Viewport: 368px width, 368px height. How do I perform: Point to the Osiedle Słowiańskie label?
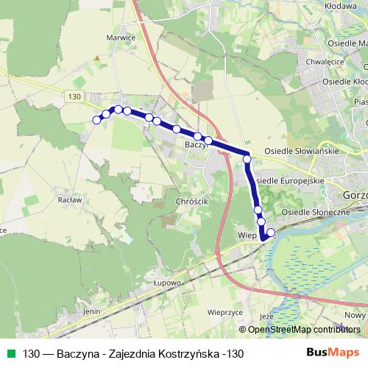tap(301, 151)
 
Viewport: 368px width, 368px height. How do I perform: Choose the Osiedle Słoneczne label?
tap(316, 212)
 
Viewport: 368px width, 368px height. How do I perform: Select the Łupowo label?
tap(168, 282)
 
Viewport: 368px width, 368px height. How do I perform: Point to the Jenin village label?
tap(91, 311)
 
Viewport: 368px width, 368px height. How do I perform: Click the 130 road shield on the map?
tap(72, 97)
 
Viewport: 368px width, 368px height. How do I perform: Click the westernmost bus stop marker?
tap(96, 120)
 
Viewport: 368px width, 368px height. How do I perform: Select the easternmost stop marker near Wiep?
tap(271, 233)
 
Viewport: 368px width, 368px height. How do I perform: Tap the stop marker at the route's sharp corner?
tap(247, 158)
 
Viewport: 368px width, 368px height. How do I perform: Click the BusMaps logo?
tap(334, 353)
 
